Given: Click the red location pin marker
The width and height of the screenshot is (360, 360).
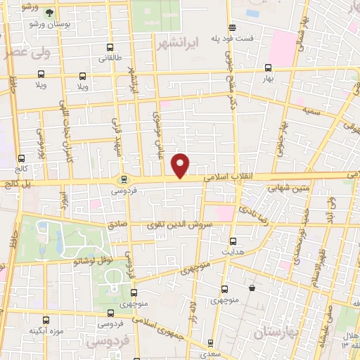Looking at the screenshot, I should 181,165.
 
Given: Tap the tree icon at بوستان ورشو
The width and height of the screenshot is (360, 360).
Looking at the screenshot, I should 49,13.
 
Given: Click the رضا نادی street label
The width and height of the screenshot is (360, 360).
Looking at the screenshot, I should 250,210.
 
